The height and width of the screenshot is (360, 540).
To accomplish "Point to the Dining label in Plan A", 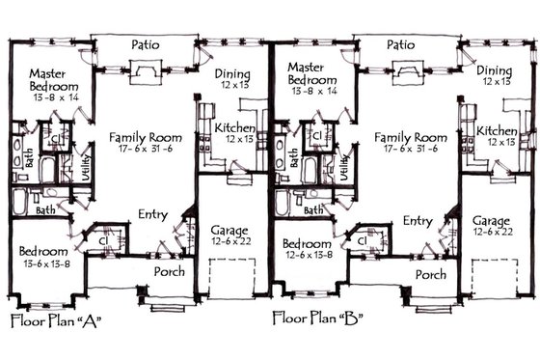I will [233, 75].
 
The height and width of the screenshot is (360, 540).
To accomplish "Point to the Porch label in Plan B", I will [430, 274].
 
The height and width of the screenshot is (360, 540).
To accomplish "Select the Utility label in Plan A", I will [87, 152].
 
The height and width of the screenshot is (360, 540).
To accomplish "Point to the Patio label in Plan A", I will [145, 44].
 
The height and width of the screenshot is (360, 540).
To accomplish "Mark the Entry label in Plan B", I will [417, 221].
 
